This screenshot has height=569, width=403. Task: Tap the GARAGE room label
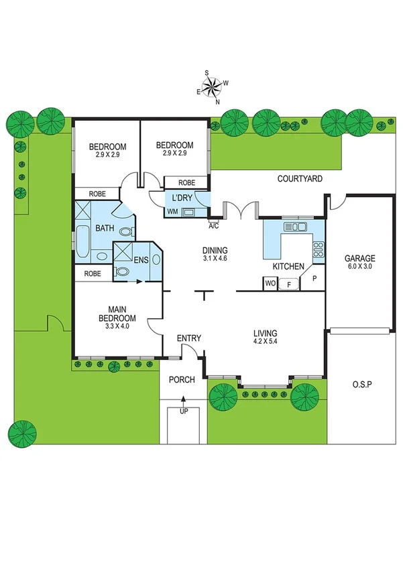pyautogui.click(x=359, y=258)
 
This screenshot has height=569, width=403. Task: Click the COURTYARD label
pyautogui.click(x=300, y=179)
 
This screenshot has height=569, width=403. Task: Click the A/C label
pyautogui.click(x=214, y=226)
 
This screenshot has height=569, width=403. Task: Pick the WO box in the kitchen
pyautogui.click(x=270, y=283)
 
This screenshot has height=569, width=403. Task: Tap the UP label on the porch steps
pyautogui.click(x=184, y=411)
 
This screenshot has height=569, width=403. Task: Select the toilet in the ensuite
pyautogui.click(x=122, y=272)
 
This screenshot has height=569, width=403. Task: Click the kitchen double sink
pyautogui.click(x=295, y=227)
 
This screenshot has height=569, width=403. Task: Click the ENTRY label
pyautogui.click(x=188, y=338)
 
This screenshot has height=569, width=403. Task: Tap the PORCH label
pyautogui.click(x=181, y=379)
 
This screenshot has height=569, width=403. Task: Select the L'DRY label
pyautogui.click(x=182, y=198)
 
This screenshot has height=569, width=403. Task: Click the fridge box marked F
pyautogui.click(x=289, y=283)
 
